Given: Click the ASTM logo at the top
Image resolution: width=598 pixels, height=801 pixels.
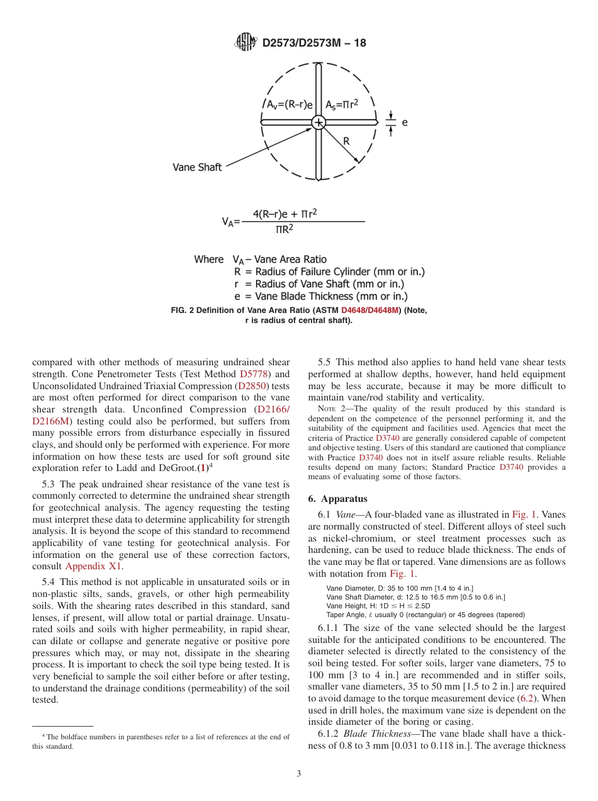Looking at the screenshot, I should pyautogui.click(x=245, y=42).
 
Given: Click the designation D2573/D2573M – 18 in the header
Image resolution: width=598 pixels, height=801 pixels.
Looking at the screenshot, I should pyautogui.click(x=314, y=43).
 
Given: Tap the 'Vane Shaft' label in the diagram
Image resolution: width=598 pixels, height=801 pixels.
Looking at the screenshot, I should pyautogui.click(x=197, y=168).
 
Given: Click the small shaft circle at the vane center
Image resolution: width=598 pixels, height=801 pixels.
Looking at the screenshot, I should pyautogui.click(x=319, y=122).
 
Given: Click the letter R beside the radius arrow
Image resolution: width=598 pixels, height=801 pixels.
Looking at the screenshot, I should pyautogui.click(x=346, y=142).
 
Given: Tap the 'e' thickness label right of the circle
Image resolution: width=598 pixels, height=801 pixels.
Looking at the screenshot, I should pyautogui.click(x=405, y=122).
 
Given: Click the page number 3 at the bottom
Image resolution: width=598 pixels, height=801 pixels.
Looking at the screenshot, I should pyautogui.click(x=298, y=774).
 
